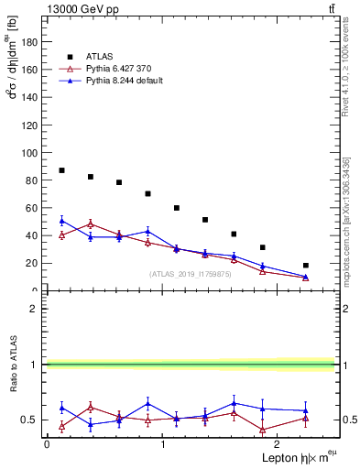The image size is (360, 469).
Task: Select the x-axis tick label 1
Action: (x=162, y=443)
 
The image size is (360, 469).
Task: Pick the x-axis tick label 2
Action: (x=278, y=443)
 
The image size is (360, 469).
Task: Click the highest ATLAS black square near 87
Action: (x=61, y=170)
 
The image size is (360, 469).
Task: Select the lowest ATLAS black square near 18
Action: (x=306, y=266)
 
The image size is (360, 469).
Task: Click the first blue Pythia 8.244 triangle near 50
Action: (x=61, y=221)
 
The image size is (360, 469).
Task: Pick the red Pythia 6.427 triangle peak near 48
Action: (x=90, y=224)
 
